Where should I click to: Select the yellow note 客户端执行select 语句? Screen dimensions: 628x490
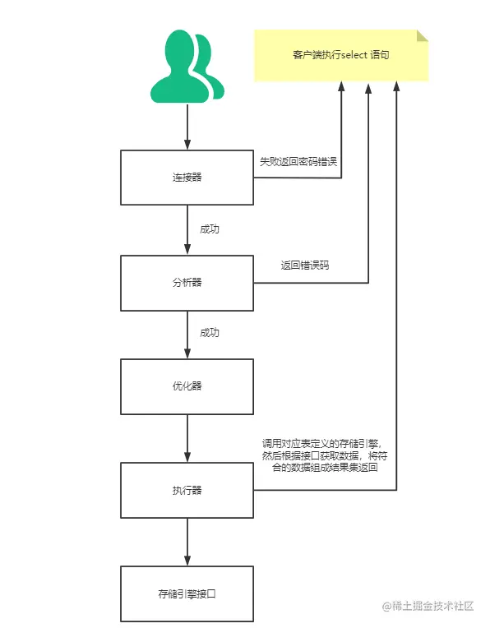tap(340, 55)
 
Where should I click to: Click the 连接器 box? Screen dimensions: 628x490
tap(187, 178)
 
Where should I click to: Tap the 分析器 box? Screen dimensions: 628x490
tap(187, 283)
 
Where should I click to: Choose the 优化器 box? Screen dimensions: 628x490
tap(187, 386)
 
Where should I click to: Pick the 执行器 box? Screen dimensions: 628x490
tap(187, 491)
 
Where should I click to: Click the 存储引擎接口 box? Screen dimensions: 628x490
tap(187, 593)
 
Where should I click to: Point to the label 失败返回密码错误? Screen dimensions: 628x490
tap(298, 161)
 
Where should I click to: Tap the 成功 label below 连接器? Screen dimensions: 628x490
tap(210, 229)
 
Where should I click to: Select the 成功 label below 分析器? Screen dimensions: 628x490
tap(210, 334)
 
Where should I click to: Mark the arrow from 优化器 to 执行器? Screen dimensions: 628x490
tap(187, 439)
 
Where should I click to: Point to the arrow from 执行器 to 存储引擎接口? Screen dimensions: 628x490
tap(187, 543)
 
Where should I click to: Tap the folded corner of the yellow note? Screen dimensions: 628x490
tap(422, 35)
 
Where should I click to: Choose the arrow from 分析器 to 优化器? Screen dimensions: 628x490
tap(187, 335)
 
